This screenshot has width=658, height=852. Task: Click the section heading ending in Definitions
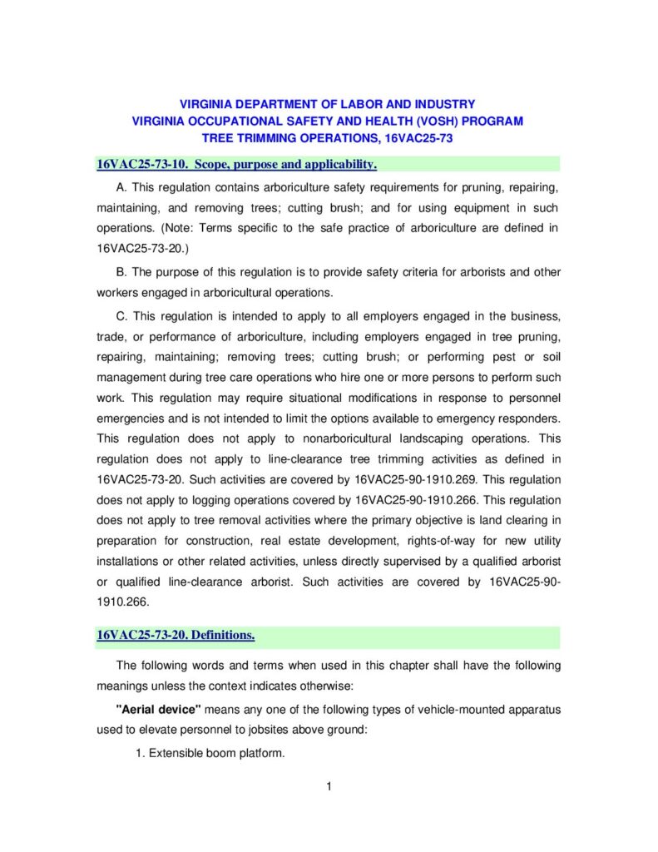[176, 636]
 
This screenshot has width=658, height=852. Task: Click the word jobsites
[325, 731]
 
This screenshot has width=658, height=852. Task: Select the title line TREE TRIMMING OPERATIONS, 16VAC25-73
[328, 138]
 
